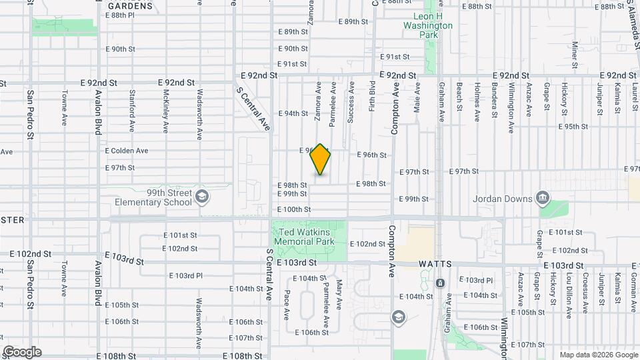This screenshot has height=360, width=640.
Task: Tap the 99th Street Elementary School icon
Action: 203,198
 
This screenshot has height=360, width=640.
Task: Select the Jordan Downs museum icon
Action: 543,198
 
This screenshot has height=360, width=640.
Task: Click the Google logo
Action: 21,351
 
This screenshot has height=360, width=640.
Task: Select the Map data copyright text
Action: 598,355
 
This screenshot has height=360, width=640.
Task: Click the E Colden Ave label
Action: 127,151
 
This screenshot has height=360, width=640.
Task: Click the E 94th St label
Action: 293,113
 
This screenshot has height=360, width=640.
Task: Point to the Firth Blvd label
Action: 372,95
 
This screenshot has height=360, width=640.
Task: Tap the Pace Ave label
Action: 287,304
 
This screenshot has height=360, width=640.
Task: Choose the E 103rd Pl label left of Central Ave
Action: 186,275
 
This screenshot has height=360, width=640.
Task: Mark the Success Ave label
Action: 351,101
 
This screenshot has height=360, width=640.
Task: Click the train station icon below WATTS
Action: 440,283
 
